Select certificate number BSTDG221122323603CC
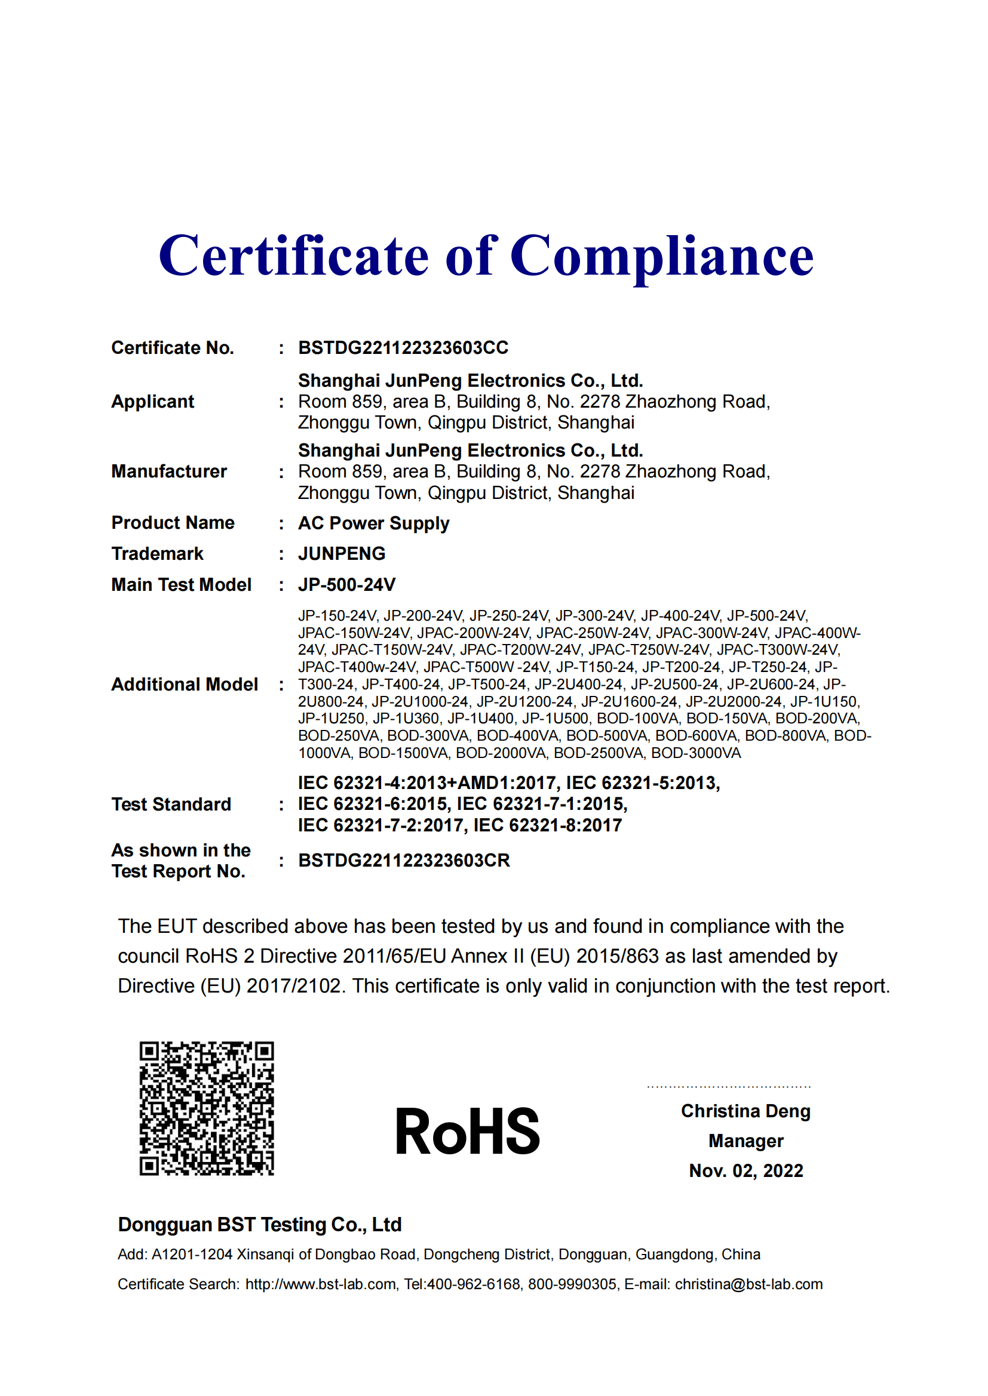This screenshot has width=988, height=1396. click(403, 348)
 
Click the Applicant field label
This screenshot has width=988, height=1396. click(153, 402)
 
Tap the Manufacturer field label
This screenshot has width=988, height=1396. click(169, 472)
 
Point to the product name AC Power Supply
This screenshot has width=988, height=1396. click(373, 523)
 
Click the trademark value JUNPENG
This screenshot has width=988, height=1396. click(341, 554)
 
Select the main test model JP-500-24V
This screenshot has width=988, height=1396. click(347, 585)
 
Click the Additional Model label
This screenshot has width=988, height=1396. click(185, 685)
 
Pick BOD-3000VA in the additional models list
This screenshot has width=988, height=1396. click(696, 753)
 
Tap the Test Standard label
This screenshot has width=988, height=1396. click(171, 805)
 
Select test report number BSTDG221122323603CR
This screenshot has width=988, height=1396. click(404, 861)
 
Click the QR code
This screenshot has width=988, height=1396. click(207, 1108)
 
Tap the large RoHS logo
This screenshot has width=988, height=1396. click(467, 1132)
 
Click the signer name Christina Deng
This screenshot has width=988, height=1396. click(746, 1111)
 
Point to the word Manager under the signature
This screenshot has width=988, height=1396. click(746, 1141)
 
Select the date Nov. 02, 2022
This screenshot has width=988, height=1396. click(746, 1171)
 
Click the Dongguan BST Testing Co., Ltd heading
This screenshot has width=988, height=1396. click(260, 1225)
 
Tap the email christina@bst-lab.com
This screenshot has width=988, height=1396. click(748, 1285)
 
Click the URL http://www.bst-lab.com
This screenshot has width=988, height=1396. click(321, 1285)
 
